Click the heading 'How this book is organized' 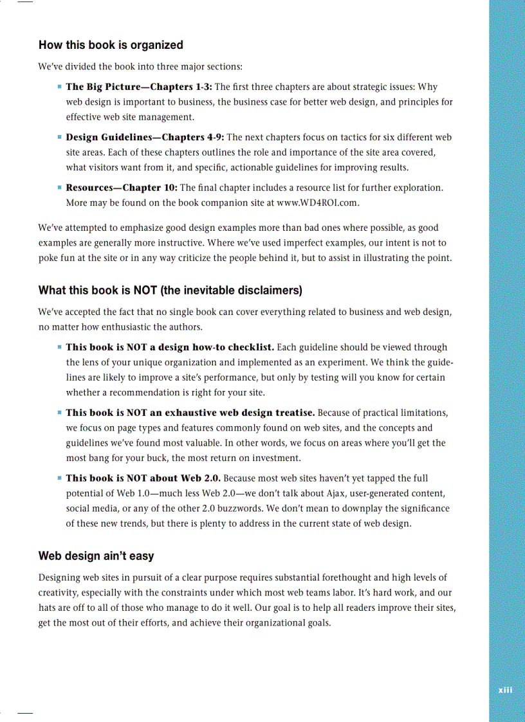[111, 45]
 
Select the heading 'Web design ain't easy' [96, 555]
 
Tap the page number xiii [506, 690]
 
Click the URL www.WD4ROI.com [317, 203]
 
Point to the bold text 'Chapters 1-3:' [181, 87]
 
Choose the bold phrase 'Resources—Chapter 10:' [122, 188]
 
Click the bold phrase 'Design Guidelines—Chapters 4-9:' [145, 138]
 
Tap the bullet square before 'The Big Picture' [59, 86]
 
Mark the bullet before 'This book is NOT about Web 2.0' [59, 478]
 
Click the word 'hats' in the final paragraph [47, 608]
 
